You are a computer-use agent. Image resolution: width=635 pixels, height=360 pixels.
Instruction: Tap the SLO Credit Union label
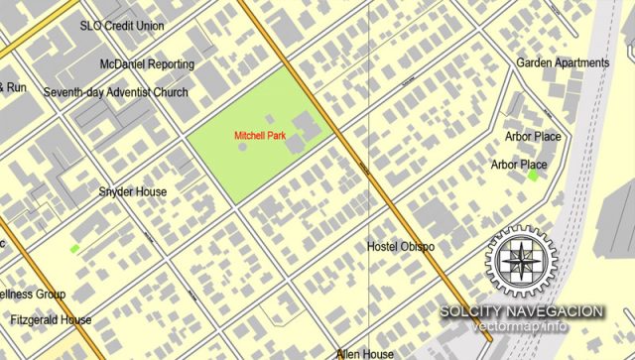tap(122, 26)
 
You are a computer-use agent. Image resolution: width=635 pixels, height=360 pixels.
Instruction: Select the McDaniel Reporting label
tap(147, 64)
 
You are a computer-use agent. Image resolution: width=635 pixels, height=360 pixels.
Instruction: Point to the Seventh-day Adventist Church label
tap(115, 92)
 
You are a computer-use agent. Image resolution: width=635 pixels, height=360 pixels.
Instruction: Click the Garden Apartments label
tap(563, 62)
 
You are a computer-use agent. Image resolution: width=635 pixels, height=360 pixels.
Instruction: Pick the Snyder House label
tap(133, 191)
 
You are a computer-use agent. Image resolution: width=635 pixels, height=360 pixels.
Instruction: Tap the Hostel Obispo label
tap(401, 247)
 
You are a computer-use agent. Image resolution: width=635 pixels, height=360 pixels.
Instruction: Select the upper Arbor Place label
tap(533, 136)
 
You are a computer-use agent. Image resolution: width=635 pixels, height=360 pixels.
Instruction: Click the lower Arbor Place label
tap(519, 164)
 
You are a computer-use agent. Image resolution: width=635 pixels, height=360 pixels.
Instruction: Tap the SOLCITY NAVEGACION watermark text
tap(522, 311)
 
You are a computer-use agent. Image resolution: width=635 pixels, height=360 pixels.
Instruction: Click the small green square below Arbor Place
tap(534, 176)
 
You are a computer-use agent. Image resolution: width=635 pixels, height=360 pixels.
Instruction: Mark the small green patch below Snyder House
tap(74, 248)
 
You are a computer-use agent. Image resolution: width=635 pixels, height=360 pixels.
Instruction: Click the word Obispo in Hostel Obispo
tap(417, 247)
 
